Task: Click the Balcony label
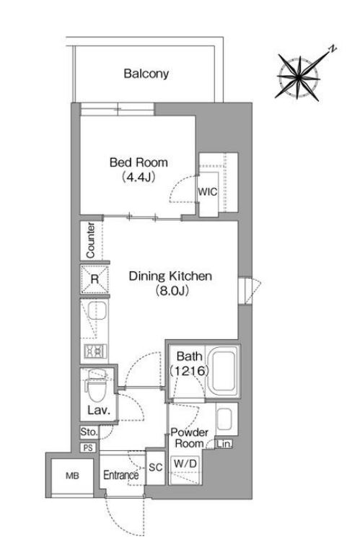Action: pos(146,74)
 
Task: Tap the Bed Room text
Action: pos(139,162)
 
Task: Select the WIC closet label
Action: pos(208,191)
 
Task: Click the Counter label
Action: pos(90,240)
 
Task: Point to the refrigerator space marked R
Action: pos(95,279)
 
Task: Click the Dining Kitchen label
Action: pos(170,276)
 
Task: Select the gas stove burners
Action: pos(95,351)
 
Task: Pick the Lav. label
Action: pos(99,411)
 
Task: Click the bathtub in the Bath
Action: pos(223,372)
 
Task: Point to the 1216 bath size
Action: pos(190,371)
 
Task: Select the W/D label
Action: pos(185,463)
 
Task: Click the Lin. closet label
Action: pos(224,444)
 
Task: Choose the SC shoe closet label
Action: pos(156,468)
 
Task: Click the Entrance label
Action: pos(120,475)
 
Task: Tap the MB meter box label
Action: pos(73,476)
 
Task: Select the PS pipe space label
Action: pos(88,447)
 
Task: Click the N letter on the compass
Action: pos(333,48)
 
